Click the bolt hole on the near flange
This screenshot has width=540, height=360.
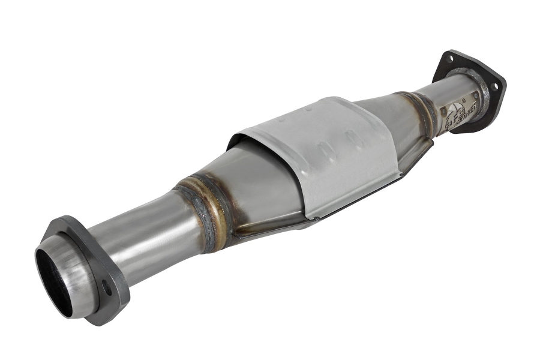click(x=107, y=288)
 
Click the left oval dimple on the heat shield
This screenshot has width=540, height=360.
click(x=324, y=147)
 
